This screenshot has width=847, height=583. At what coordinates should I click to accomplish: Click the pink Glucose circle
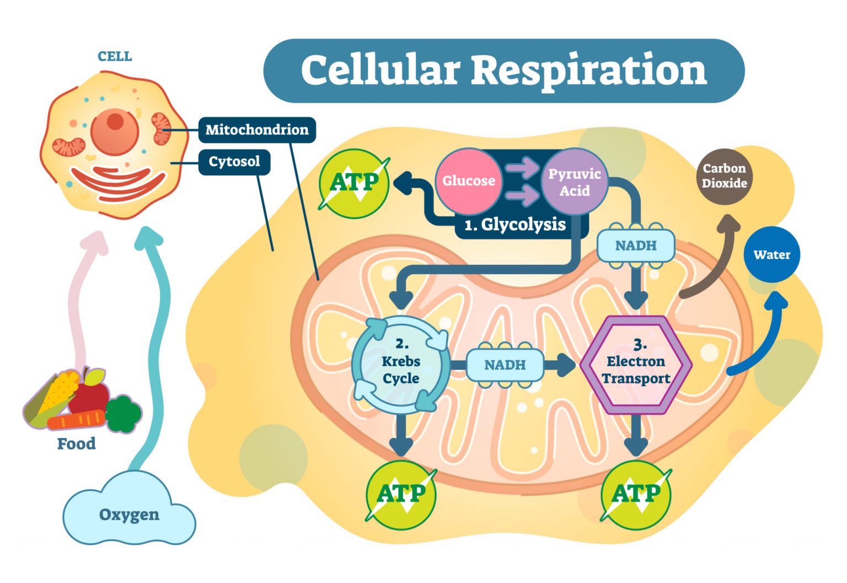click(468, 181)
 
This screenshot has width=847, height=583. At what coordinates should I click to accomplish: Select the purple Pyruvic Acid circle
click(575, 182)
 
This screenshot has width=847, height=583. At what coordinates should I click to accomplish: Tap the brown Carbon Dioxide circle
click(724, 176)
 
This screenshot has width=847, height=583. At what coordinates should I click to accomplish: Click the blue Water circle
click(771, 255)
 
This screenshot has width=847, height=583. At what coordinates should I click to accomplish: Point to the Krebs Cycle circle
click(401, 365)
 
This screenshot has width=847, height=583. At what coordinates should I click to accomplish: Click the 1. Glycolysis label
click(515, 225)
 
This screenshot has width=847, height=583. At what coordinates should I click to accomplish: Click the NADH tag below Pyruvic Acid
click(636, 246)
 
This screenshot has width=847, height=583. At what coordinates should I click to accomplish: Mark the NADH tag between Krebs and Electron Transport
click(505, 365)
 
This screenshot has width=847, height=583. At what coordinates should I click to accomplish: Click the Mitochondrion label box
click(257, 130)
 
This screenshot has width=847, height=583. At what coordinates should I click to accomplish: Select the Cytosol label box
click(234, 162)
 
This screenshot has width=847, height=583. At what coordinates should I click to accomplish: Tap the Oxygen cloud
click(129, 514)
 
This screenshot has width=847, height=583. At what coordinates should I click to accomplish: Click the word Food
click(76, 444)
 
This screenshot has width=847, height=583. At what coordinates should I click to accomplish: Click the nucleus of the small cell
click(115, 131)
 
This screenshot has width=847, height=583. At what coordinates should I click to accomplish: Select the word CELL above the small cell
click(115, 56)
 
